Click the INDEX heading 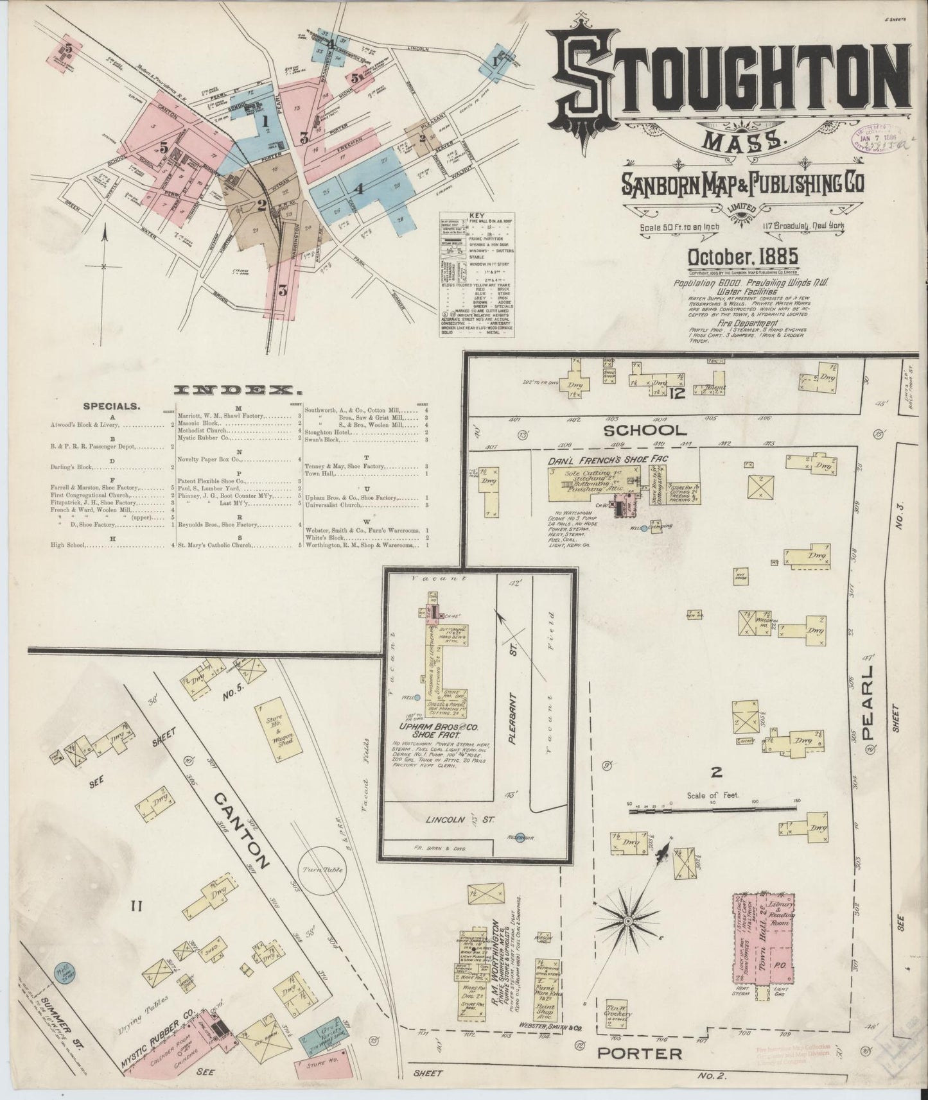238,390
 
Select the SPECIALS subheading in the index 111,406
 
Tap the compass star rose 628,922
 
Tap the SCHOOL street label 654,431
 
